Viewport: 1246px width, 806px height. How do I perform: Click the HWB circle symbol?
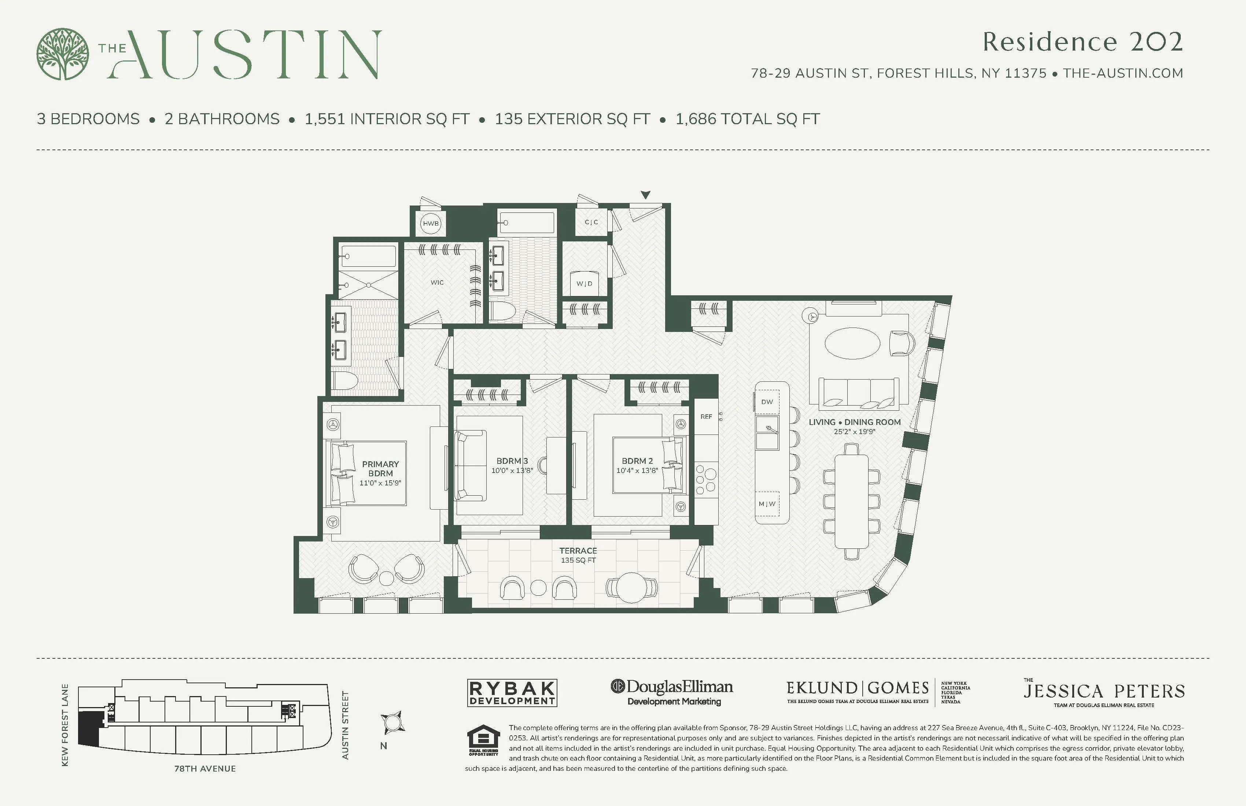coord(430,223)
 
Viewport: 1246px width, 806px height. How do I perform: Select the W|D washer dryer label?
coord(584,284)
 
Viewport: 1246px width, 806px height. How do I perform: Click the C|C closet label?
coord(591,222)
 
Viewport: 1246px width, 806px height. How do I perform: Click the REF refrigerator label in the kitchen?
coord(706,417)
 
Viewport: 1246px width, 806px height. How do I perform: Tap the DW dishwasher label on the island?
coord(767,402)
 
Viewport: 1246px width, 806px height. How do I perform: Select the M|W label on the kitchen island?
coord(767,504)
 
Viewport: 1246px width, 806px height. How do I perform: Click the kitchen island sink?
coord(767,432)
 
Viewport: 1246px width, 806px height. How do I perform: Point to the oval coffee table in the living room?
coord(852,343)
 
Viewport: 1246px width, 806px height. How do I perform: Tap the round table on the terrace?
coord(632,587)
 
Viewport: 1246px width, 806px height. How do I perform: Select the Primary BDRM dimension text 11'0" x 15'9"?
coord(380,483)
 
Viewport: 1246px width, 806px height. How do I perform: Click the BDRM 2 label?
coord(637,461)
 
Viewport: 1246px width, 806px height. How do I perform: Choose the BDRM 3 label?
coord(512,461)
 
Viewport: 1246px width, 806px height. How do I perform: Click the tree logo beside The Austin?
coord(62,54)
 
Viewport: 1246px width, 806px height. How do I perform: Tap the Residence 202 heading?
coord(1082,42)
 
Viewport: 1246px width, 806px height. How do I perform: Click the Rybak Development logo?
coord(512,693)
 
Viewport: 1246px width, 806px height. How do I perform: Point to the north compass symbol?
coord(392,723)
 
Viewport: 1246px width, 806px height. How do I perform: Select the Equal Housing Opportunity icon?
coord(483,740)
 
